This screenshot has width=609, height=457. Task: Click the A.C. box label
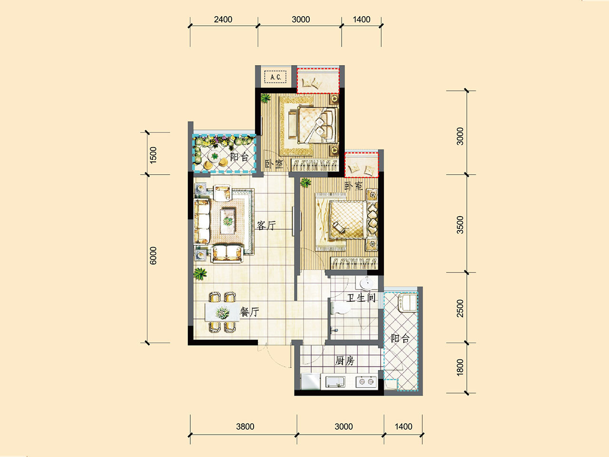[275, 77]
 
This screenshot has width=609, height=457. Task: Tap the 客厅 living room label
[266, 226]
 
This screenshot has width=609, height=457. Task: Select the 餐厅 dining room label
[249, 312]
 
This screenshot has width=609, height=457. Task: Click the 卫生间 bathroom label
[361, 298]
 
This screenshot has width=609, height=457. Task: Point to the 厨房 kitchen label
[345, 361]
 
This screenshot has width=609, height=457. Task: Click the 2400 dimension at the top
[223, 20]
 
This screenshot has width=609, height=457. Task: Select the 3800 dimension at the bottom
[245, 427]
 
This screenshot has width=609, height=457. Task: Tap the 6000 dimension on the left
[153, 256]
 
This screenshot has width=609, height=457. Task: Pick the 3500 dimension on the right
[460, 225]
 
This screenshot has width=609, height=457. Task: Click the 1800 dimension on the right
[460, 368]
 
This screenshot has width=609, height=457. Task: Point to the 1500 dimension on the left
[153, 155]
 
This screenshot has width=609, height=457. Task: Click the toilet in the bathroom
[341, 308]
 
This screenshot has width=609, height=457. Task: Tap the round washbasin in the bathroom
[367, 284]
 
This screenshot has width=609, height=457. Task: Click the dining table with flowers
[222, 312]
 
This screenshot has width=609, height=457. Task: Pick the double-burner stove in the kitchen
[366, 382]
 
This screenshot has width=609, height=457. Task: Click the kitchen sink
[335, 382]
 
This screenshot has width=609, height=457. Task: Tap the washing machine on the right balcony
[408, 303]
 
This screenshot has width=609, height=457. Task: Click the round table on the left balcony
[215, 156]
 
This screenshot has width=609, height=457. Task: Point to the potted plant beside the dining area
[200, 274]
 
